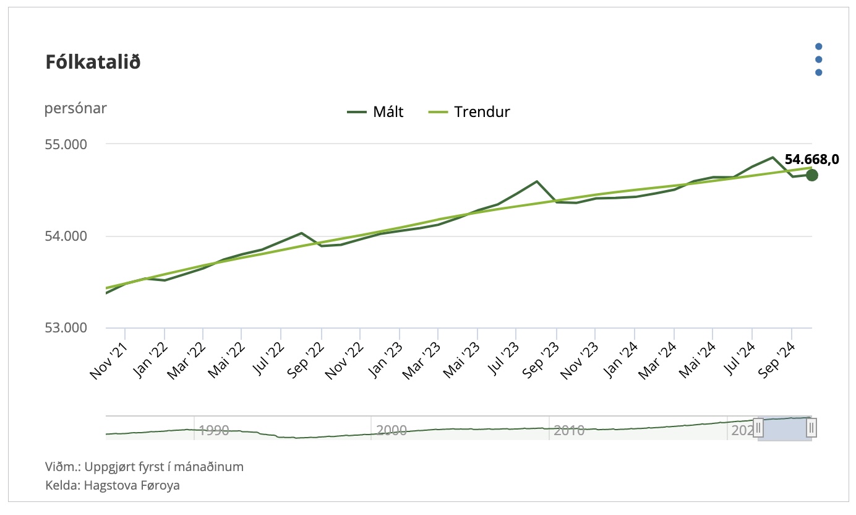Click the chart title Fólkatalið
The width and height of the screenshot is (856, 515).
point(93,63)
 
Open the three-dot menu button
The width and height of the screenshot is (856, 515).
point(818,59)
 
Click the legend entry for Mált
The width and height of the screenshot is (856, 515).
point(375,112)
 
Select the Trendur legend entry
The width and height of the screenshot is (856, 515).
point(469,112)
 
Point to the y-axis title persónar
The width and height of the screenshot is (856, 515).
point(75,108)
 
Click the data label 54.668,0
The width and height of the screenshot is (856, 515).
point(811,160)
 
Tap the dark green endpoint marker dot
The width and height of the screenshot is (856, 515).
point(811,175)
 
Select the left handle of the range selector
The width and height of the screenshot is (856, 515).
point(758,428)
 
